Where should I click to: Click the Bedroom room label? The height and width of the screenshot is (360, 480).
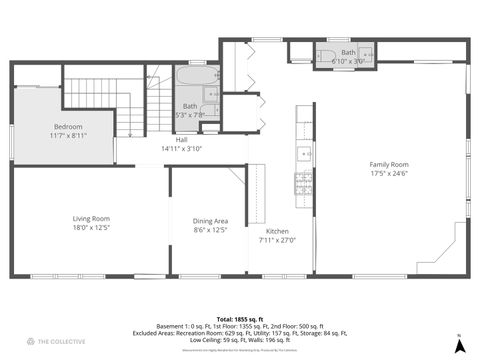pyautogui.click(x=68, y=126)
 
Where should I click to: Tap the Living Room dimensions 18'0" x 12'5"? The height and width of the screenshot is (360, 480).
pyautogui.click(x=91, y=229)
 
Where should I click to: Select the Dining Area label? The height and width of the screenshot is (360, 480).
pyautogui.click(x=210, y=220)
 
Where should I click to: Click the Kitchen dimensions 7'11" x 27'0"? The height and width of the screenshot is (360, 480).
pyautogui.click(x=277, y=239)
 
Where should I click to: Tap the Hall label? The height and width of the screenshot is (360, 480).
pyautogui.click(x=182, y=140)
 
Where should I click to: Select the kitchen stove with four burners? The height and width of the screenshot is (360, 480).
pyautogui.click(x=303, y=182)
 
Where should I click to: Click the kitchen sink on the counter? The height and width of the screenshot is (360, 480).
pyautogui.click(x=303, y=154)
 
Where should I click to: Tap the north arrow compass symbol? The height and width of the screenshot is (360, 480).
pyautogui.click(x=458, y=345)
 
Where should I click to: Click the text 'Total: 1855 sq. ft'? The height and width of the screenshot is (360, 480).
pyautogui.click(x=240, y=317)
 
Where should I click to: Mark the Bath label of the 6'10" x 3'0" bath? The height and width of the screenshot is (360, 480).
pyautogui.click(x=348, y=52)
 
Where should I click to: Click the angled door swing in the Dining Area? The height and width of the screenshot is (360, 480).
pyautogui.click(x=237, y=174)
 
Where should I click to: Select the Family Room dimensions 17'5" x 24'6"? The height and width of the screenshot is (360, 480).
pyautogui.click(x=389, y=173)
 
